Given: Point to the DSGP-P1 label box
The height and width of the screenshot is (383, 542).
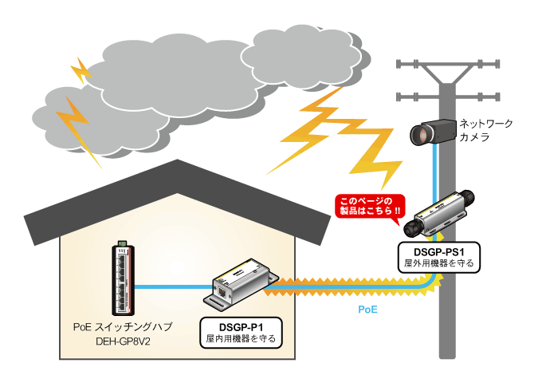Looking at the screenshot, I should tap(241, 332).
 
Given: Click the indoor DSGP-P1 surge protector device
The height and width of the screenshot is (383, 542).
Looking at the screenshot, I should tap(237, 282).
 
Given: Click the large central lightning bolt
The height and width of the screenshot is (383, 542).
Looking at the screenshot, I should tap(335, 136).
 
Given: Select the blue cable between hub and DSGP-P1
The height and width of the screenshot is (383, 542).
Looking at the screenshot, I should tap(171, 286).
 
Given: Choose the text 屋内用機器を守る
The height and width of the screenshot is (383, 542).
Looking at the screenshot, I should tap(241, 339).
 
